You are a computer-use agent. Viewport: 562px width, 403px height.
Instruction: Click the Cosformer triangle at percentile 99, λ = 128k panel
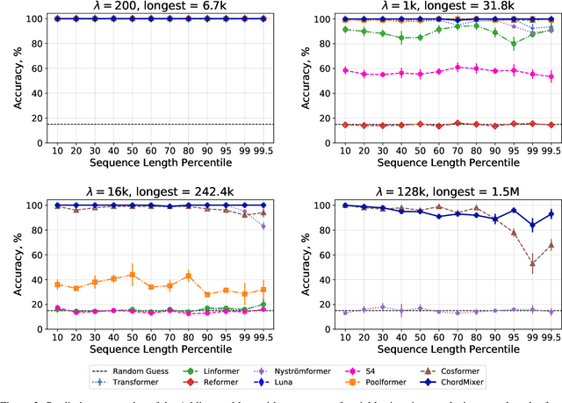coord(531,263)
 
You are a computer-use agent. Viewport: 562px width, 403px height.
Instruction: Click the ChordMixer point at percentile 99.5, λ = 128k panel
coord(551,213)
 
